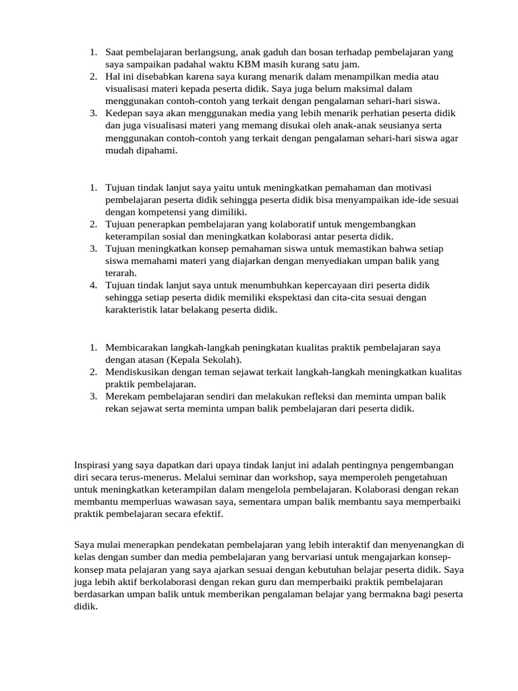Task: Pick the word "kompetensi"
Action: pyautogui.click(x=163, y=212)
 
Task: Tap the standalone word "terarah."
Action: pyautogui.click(x=121, y=273)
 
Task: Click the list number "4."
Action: pyautogui.click(x=94, y=285)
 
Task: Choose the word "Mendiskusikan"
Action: pyautogui.click(x=138, y=372)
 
